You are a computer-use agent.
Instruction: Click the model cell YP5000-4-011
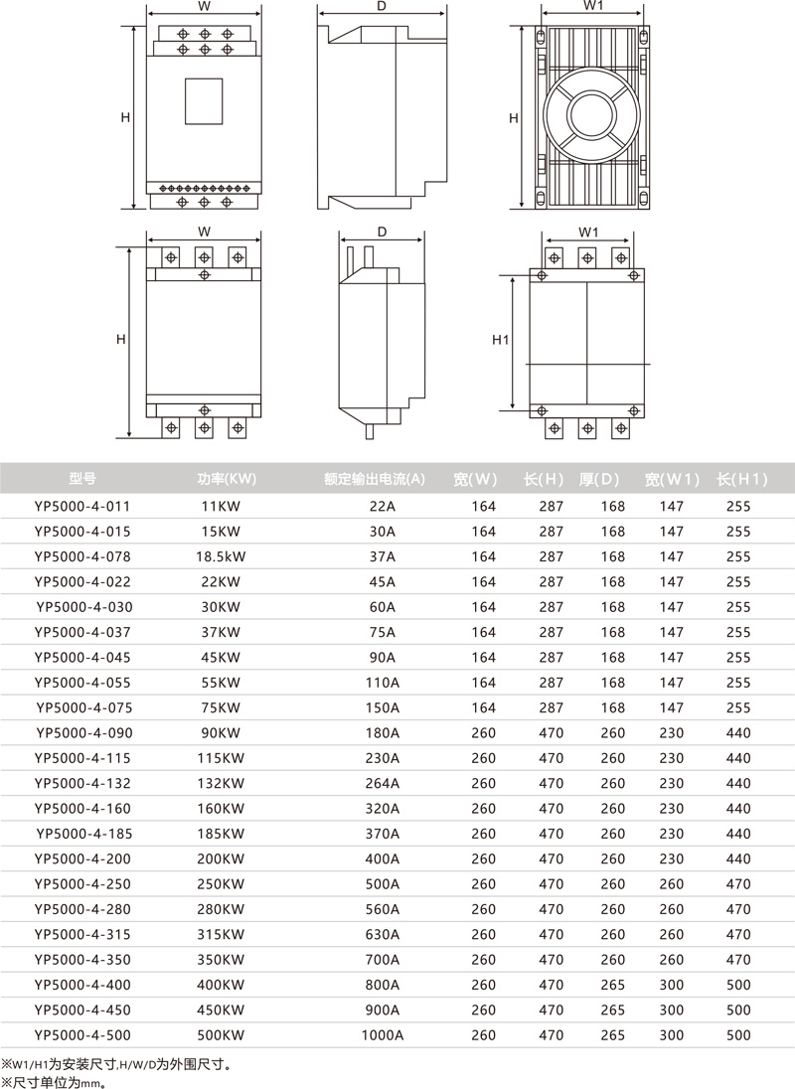coord(81,507)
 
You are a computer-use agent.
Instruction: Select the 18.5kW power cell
coord(221,556)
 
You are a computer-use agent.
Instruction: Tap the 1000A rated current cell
coord(382,1034)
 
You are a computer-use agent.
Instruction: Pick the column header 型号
coord(82,479)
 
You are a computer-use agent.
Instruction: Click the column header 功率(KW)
coord(227,479)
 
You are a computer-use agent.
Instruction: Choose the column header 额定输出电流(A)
coord(375,479)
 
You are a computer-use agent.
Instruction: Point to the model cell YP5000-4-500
coord(81,1034)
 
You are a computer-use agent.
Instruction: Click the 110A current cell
coord(382,683)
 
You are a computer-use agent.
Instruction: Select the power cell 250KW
coord(221,884)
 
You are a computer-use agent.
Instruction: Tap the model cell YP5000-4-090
coord(84,732)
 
